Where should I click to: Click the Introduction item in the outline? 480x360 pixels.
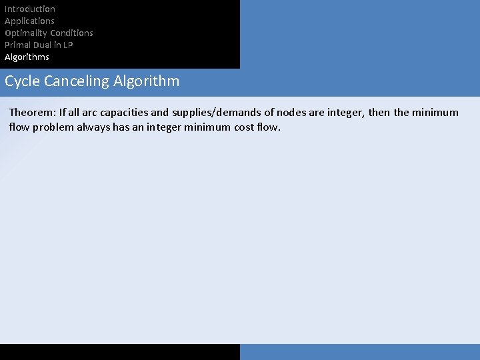click(30, 9)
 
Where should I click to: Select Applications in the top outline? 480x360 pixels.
click(29, 21)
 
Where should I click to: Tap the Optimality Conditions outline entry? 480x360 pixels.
click(49, 33)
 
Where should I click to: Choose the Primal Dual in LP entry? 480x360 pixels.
click(39, 45)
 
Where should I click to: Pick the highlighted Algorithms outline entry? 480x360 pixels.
click(27, 57)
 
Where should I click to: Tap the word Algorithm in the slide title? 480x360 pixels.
click(146, 81)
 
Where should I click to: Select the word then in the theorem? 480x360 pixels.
click(379, 112)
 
